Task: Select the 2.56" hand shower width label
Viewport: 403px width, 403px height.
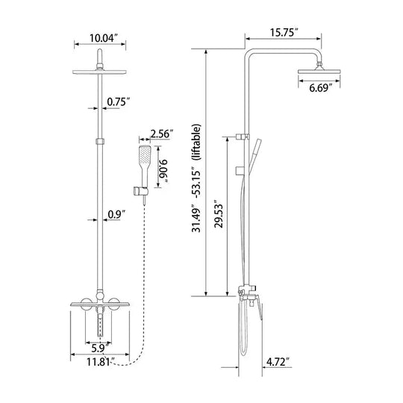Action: coord(161,134)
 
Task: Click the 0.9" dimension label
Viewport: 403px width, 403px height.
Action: coord(116,214)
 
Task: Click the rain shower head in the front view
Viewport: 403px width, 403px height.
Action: coord(100,72)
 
